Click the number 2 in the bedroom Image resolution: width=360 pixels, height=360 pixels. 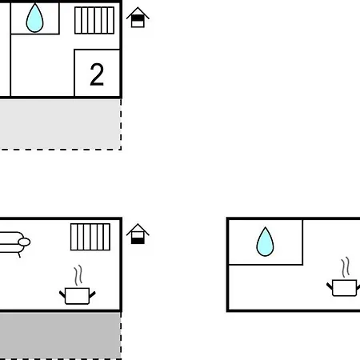97,74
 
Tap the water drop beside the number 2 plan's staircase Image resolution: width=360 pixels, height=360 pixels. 34,18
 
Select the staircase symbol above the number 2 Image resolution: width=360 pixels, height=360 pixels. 94,21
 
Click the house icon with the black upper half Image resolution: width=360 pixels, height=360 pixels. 138,18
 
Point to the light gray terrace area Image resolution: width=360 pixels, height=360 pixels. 60,124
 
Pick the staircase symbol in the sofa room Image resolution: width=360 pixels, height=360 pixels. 90,237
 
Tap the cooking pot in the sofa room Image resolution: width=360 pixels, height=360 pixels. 78,295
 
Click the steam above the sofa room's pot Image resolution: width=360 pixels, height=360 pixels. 78,275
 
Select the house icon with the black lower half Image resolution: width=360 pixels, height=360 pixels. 138,234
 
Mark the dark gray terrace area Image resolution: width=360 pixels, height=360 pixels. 60,335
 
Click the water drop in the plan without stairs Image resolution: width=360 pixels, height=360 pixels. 265,242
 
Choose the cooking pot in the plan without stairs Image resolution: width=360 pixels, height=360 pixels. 344,287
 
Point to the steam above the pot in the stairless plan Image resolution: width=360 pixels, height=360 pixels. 346,267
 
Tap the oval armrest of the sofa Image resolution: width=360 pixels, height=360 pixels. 24,242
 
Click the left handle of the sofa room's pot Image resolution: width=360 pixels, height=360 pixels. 62,294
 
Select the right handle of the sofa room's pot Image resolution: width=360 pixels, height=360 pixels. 92,294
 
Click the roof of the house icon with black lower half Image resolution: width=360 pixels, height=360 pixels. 138,228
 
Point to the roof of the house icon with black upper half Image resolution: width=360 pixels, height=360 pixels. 138,12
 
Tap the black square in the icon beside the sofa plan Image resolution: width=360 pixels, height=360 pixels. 138,241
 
